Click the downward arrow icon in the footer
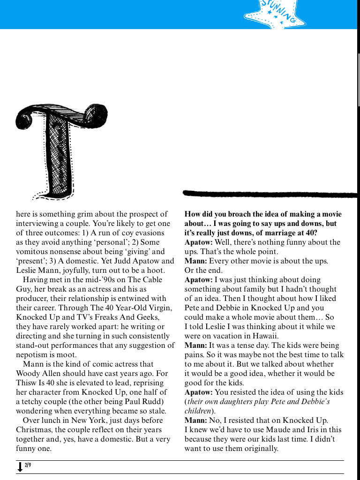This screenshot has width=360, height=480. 20,467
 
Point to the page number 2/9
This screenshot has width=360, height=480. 28,465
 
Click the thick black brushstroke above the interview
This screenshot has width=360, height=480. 270,194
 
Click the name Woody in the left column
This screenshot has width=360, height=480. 29,373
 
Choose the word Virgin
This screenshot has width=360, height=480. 158,307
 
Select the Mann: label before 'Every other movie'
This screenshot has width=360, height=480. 195,261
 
